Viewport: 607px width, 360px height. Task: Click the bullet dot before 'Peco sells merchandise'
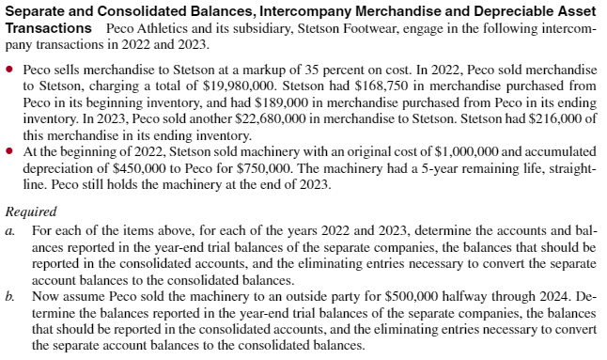10,70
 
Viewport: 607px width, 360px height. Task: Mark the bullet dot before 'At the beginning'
10,153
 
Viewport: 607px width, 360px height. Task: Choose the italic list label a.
9,229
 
